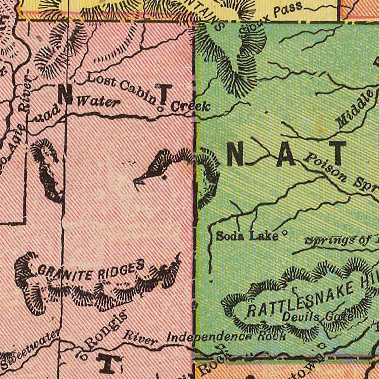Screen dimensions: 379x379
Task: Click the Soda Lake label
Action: (x=247, y=236)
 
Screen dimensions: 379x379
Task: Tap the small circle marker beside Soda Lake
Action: (x=285, y=233)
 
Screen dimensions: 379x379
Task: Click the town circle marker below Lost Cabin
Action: (x=160, y=109)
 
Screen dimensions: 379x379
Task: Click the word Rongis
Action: (x=106, y=328)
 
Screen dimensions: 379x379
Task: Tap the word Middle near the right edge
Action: (x=355, y=109)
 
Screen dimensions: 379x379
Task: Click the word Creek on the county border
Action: (x=191, y=107)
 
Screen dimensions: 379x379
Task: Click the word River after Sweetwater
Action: (x=140, y=338)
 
